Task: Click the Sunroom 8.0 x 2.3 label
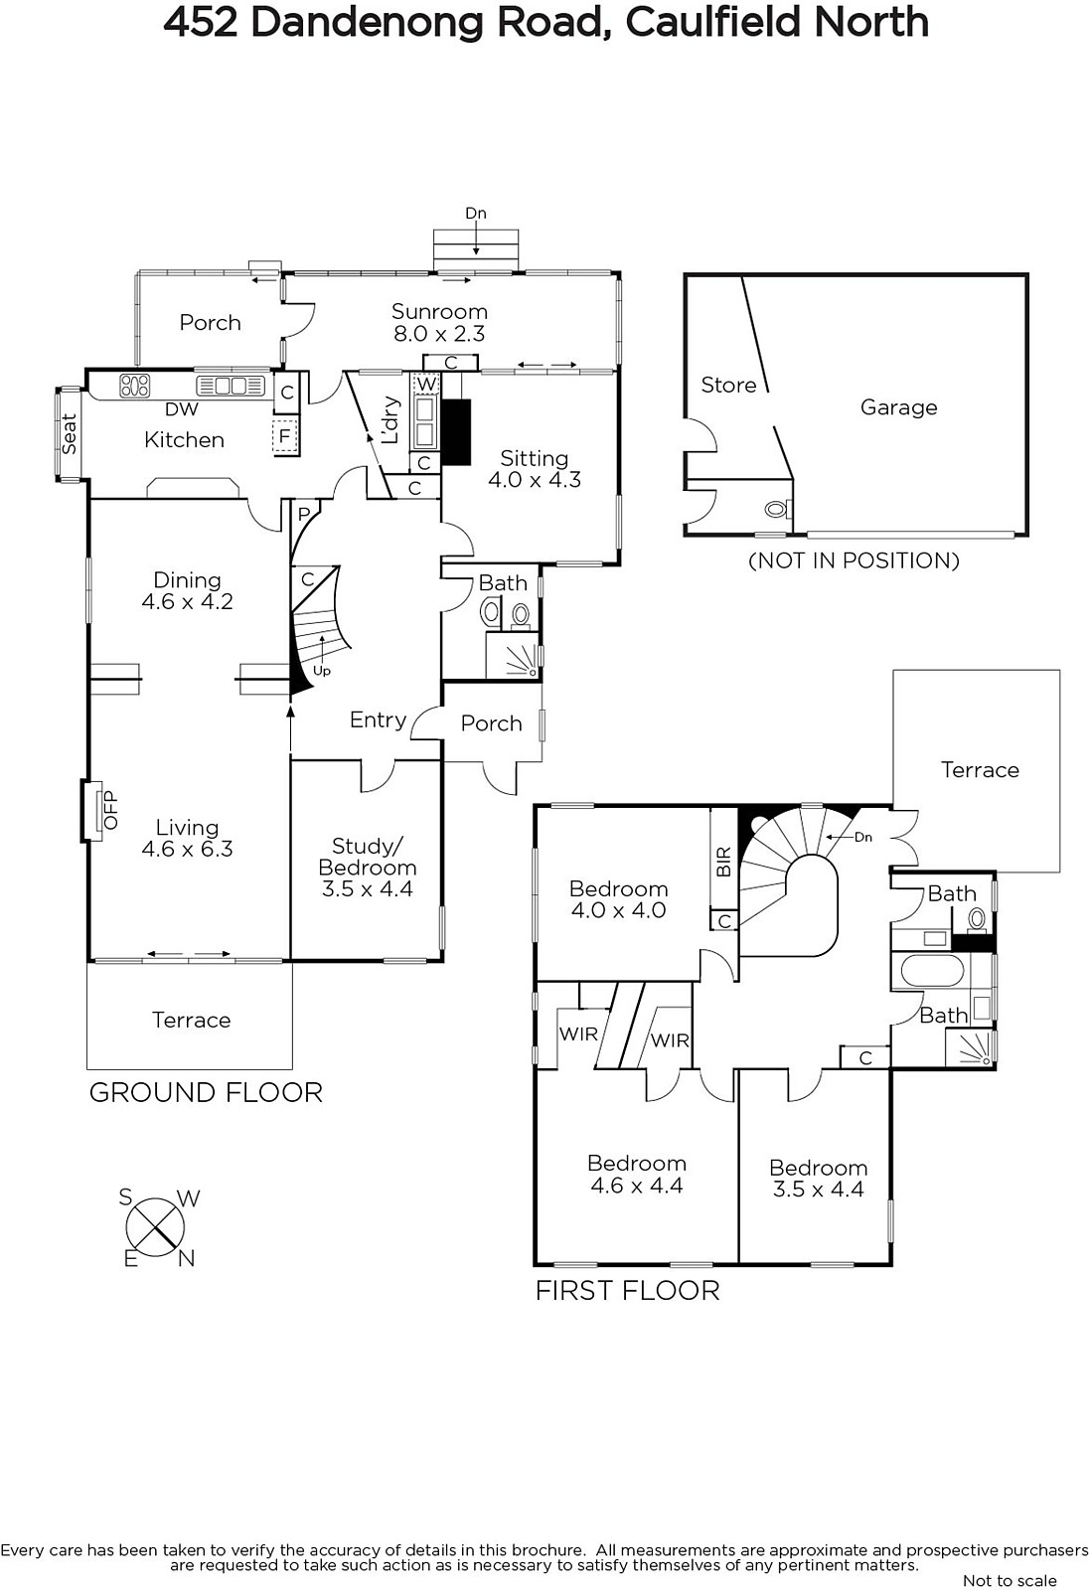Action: pos(439,322)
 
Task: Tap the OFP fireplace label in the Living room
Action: pos(110,810)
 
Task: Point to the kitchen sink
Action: pos(230,387)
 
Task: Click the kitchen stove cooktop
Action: pos(135,386)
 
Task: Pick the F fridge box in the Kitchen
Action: pos(285,436)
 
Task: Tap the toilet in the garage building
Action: pos(777,509)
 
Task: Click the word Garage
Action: pos(899,407)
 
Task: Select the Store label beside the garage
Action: pos(728,385)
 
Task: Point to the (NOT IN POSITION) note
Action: pos(855,560)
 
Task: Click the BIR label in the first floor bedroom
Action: pos(723,862)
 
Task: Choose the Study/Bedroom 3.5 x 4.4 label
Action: pos(367,868)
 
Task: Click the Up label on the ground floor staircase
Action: pos(322,671)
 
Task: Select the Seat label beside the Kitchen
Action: pos(69,433)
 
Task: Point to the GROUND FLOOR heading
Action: pos(206,1092)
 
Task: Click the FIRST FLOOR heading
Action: pos(628,1291)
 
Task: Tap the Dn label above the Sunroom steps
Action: pos(476,213)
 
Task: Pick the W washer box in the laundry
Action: pos(426,384)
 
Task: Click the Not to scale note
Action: pos(1010,1580)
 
